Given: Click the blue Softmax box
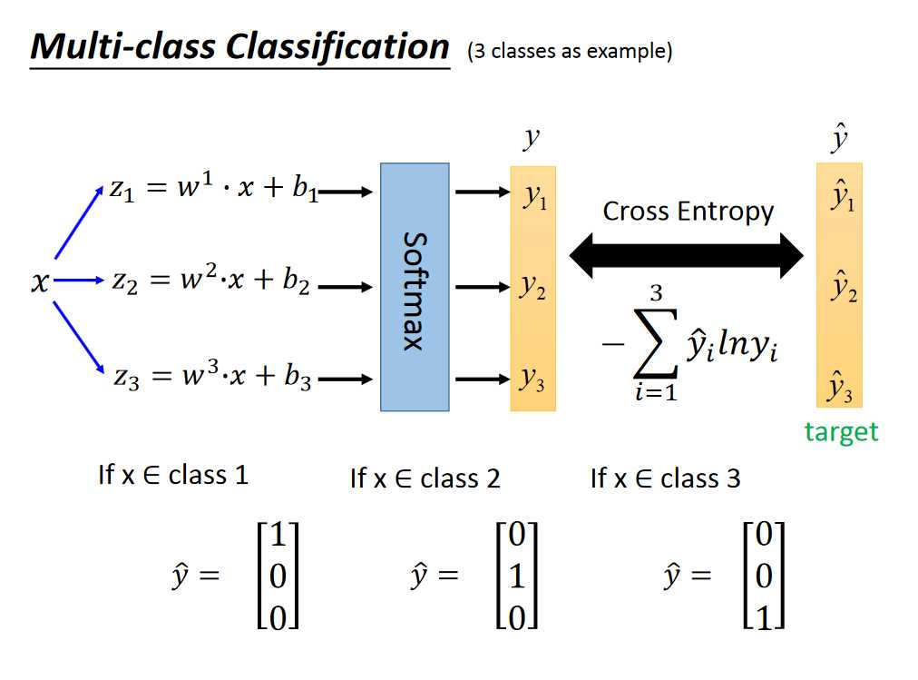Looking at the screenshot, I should click(x=415, y=286).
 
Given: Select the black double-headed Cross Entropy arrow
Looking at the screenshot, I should click(x=686, y=256).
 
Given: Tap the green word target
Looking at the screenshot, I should click(x=841, y=431).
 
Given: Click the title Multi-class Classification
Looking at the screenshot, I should click(x=239, y=46).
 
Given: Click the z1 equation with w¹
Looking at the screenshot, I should click(x=214, y=192).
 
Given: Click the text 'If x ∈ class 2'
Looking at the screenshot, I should click(x=425, y=478).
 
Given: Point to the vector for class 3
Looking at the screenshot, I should click(x=763, y=575).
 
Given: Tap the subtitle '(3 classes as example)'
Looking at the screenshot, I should click(x=570, y=52).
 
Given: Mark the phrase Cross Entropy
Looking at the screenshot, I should click(x=688, y=212).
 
